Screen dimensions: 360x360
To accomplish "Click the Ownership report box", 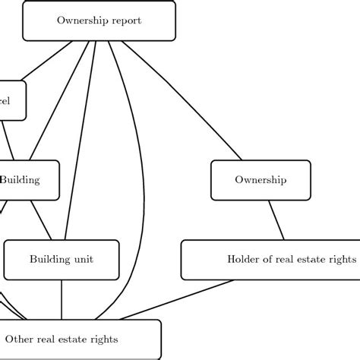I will (99, 21).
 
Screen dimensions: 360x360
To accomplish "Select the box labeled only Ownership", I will (260, 180).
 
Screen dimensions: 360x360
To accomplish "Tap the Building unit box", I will (62, 260).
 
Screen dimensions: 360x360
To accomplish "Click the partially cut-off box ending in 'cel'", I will (11, 100).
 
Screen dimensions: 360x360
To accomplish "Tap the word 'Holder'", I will (243, 260).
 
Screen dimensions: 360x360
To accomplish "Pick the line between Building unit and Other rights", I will (62, 299).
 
